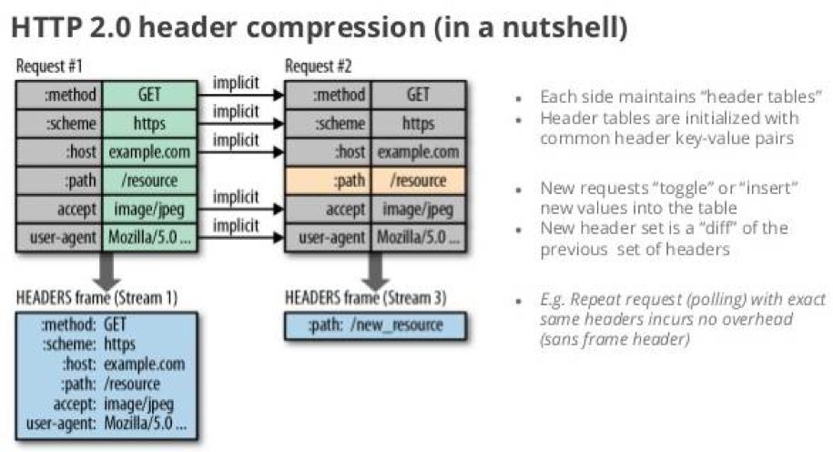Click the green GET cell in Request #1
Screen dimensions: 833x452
[150, 95]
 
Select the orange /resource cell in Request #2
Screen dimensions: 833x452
[419, 180]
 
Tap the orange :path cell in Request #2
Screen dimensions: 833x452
[328, 180]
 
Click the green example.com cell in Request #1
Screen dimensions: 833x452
[150, 152]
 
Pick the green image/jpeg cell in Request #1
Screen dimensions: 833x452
[150, 210]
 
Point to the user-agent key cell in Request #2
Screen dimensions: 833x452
[328, 238]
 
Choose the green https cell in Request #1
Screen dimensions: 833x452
[150, 124]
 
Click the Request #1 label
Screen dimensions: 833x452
[49, 67]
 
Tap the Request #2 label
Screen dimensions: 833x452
[319, 67]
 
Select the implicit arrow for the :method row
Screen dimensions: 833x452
[240, 95]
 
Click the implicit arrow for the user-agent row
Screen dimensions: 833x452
[240, 237]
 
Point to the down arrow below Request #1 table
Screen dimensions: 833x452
[107, 272]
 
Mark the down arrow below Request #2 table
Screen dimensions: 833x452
[376, 272]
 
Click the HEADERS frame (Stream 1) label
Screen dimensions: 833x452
[97, 298]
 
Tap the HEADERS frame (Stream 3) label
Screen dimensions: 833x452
[365, 298]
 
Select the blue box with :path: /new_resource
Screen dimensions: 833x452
[376, 325]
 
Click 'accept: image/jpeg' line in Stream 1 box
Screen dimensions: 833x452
[113, 404]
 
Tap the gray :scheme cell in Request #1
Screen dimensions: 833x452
[59, 124]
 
